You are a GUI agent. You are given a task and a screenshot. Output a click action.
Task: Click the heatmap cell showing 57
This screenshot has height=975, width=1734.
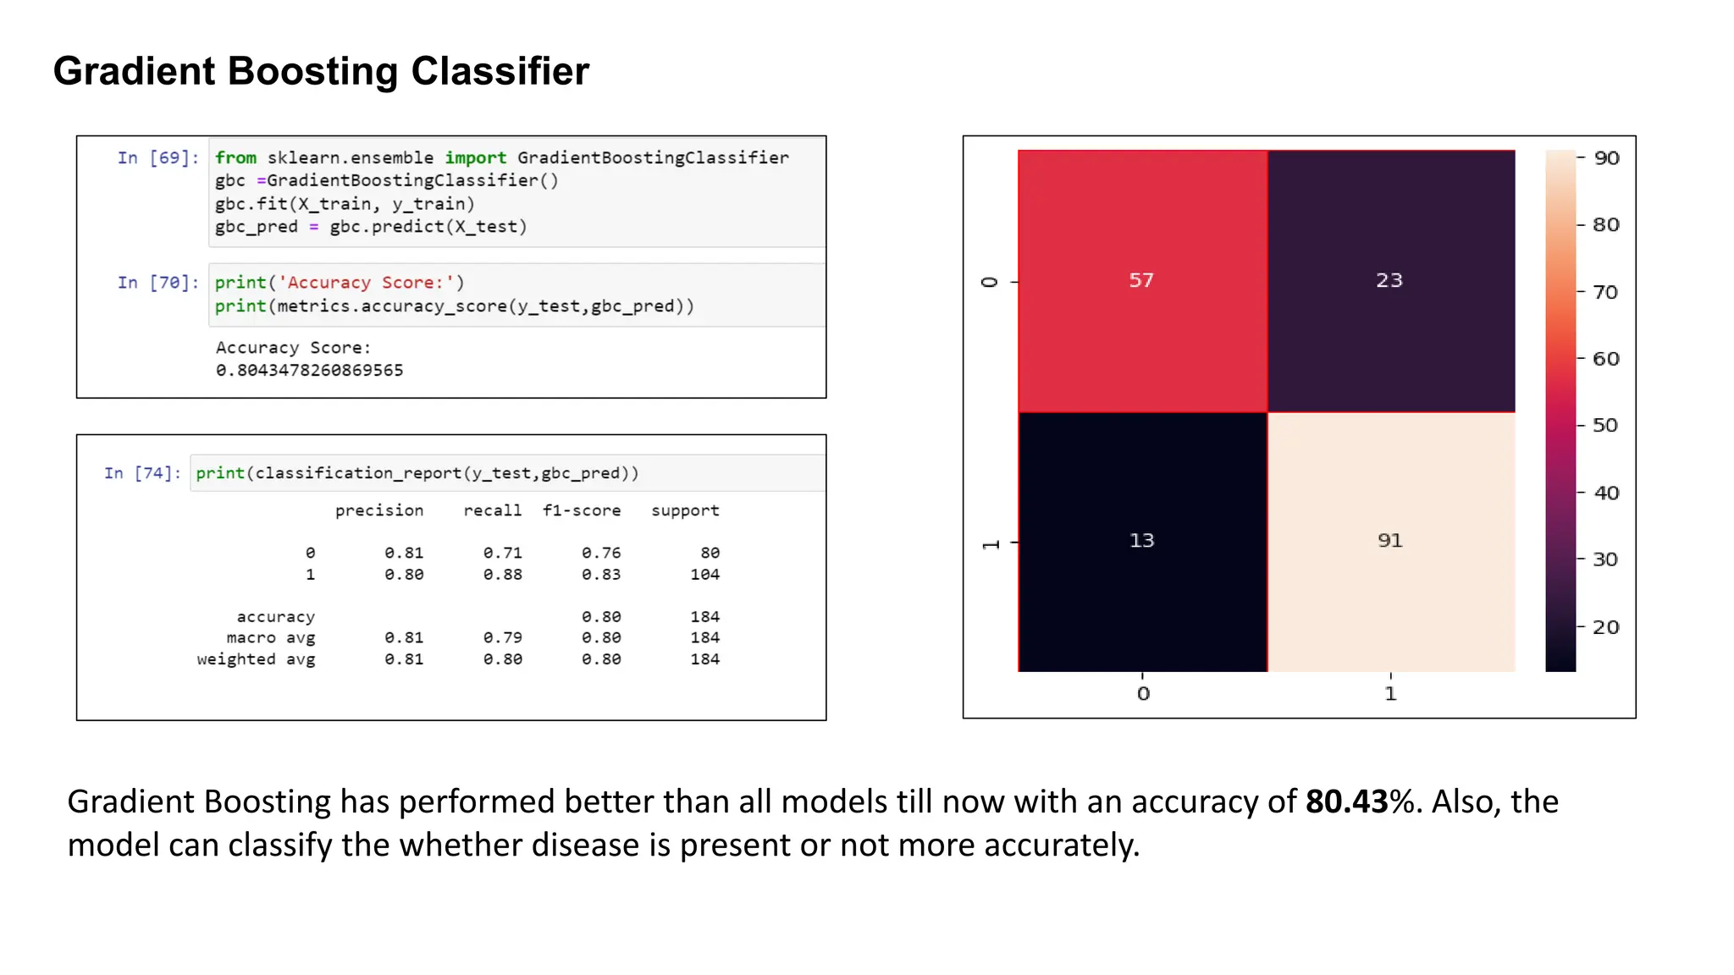1141,281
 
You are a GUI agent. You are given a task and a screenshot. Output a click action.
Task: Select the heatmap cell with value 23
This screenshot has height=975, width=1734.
1389,281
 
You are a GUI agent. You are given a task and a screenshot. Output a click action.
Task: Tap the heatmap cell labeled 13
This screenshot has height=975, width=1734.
1141,541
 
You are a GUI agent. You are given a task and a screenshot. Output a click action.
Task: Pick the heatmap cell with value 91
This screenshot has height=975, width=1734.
1389,541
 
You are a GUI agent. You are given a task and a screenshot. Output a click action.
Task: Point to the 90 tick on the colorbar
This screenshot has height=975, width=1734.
1605,158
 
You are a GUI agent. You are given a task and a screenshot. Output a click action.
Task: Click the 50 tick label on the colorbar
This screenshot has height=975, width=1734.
1605,425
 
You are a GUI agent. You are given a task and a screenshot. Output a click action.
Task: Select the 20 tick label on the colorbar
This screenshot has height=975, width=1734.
1605,627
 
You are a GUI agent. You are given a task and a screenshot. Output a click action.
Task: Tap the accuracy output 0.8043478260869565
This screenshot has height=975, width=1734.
309,371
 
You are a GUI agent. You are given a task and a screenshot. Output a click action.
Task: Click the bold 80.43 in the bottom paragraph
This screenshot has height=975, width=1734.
1346,801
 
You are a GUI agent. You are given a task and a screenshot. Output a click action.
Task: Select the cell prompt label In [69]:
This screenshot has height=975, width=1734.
158,158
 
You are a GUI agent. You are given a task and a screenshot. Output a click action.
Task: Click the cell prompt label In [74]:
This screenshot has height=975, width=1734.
142,473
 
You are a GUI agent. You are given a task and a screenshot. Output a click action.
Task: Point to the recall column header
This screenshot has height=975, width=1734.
492,511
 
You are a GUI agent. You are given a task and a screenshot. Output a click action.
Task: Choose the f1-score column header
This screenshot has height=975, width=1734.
582,511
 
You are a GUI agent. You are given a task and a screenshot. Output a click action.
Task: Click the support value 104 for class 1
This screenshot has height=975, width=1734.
704,575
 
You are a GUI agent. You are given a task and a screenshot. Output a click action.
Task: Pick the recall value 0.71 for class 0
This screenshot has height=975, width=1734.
502,554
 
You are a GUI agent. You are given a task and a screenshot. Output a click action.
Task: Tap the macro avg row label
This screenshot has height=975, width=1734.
270,638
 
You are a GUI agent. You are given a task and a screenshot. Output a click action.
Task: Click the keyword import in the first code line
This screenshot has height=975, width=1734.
475,158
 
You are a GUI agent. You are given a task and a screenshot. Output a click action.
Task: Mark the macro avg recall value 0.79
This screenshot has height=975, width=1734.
502,638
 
